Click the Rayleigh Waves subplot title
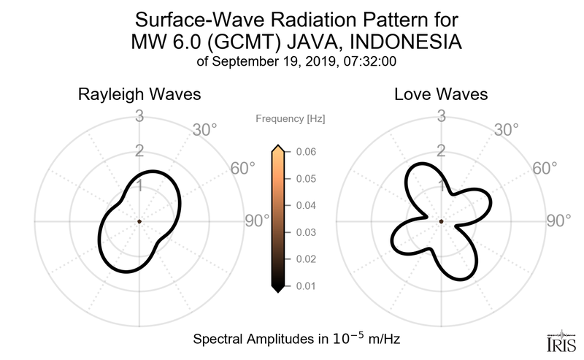139,95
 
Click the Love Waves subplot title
441,95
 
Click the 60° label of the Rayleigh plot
243,169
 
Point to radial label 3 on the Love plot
441,115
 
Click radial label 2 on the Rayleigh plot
139,151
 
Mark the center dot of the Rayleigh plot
139,221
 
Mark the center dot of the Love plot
442,221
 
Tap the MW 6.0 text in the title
163,42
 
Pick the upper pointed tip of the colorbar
277,148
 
